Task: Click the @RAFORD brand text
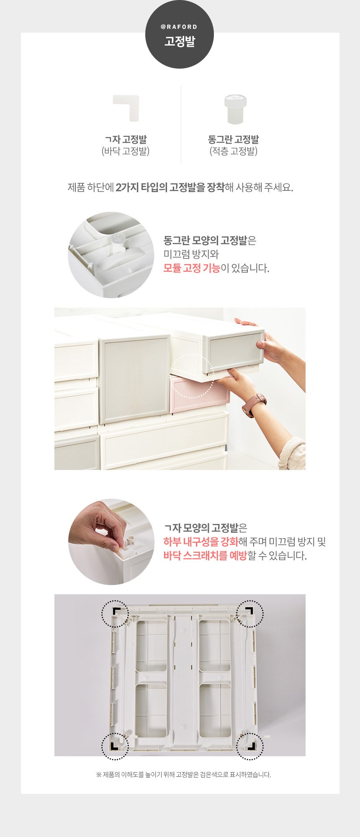point(179,27)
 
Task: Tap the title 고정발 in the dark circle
point(180,41)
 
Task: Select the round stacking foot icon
point(235,109)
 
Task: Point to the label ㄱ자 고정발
point(126,139)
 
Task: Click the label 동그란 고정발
point(234,139)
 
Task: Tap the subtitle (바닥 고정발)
point(126,151)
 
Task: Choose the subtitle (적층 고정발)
point(234,151)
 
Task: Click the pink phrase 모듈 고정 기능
point(191,268)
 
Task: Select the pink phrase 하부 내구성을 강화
point(201,542)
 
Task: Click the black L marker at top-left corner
point(116,611)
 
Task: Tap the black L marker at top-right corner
point(250,611)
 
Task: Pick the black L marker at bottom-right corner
point(251,746)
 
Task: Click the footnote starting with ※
point(184,775)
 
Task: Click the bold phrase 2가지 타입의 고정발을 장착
point(170,187)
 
